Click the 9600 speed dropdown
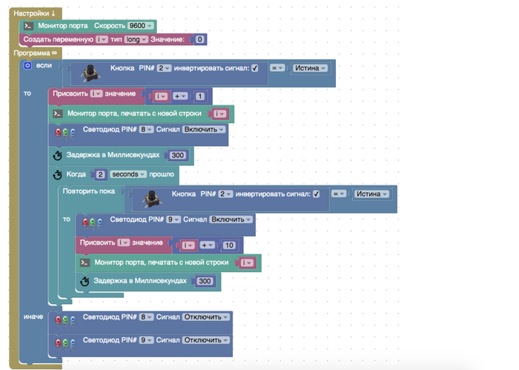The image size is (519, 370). tap(139, 26)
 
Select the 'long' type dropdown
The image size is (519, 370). tap(136, 39)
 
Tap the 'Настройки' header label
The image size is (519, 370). tap(33, 13)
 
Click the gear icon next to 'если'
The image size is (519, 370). tap(28, 67)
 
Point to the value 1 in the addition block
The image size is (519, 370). tap(199, 96)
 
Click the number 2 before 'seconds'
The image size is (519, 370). tap(100, 175)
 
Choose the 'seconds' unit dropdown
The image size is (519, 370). tap(130, 175)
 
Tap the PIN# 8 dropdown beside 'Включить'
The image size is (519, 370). tap(148, 130)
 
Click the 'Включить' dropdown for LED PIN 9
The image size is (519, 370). tap(231, 220)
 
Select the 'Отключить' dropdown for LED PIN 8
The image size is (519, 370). tap(206, 317)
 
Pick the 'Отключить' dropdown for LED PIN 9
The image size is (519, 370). tap(206, 340)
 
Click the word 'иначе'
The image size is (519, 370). tap(33, 317)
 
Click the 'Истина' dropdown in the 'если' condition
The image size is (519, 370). tap(310, 68)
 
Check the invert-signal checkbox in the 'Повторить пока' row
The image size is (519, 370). tap(317, 194)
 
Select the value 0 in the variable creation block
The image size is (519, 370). tap(200, 39)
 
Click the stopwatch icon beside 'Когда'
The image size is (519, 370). tap(58, 175)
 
